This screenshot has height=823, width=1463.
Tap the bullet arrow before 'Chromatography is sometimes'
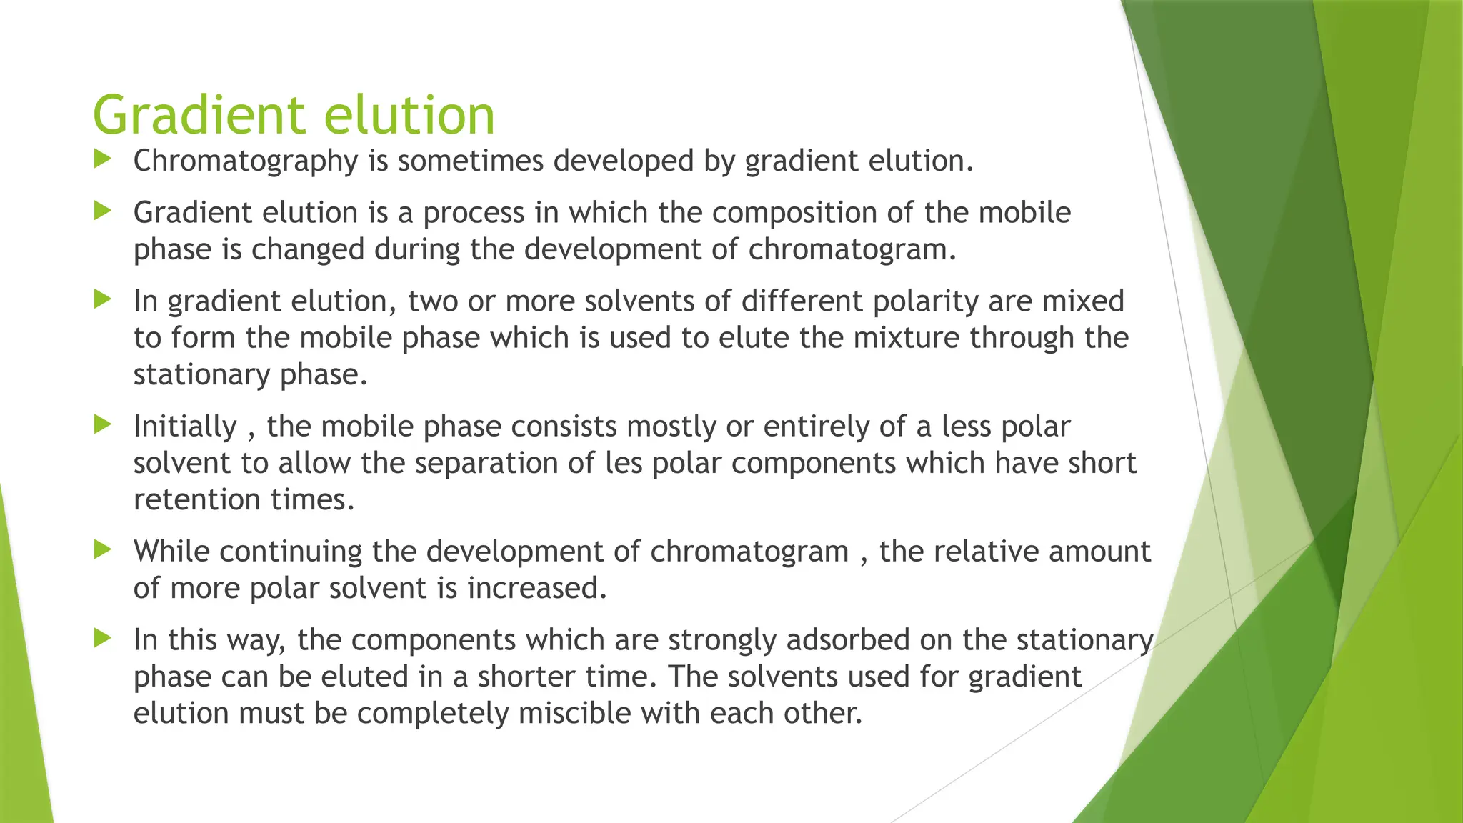pyautogui.click(x=103, y=159)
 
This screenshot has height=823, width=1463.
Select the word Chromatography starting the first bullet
pyautogui.click(x=245, y=161)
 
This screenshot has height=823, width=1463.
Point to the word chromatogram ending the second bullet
pyautogui.click(x=851, y=250)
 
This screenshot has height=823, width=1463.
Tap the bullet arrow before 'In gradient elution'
pyautogui.click(x=103, y=299)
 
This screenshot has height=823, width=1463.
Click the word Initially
pyautogui.click(x=185, y=427)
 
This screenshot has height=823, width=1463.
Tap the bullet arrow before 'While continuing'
pyautogui.click(x=103, y=549)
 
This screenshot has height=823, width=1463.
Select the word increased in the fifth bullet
pyautogui.click(x=536, y=589)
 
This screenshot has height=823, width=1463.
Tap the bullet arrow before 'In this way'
pyautogui.click(x=103, y=638)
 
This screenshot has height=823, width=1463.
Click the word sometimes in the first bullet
pyautogui.click(x=471, y=161)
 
